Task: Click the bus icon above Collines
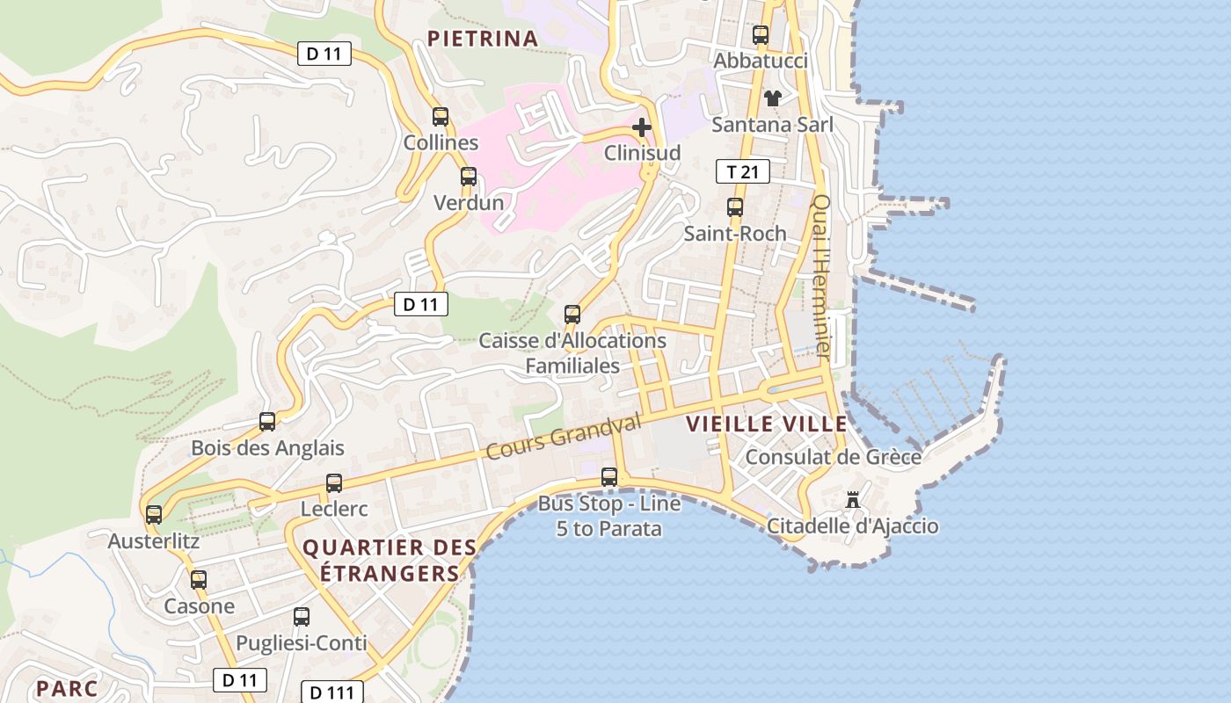[x=441, y=116]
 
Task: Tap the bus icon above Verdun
[x=469, y=177]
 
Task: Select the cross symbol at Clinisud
[x=642, y=127]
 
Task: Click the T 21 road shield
[x=743, y=171]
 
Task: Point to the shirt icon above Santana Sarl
[x=772, y=98]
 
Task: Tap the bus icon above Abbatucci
[x=761, y=35]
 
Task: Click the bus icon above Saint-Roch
[x=735, y=208]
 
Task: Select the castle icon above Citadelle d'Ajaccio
[x=852, y=499]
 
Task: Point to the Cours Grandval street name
[x=564, y=437]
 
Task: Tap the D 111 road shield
[x=332, y=692]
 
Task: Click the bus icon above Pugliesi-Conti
[x=302, y=617]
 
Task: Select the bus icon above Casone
[x=199, y=580]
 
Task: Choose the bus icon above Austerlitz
[x=154, y=515]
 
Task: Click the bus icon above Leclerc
[x=334, y=483]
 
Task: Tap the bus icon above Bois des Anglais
[x=267, y=422]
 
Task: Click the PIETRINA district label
[x=483, y=38]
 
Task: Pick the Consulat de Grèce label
[x=833, y=457]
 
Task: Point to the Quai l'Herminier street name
[x=822, y=276]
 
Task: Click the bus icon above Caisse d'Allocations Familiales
[x=572, y=314]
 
